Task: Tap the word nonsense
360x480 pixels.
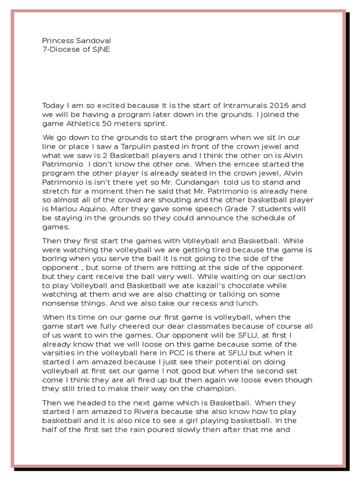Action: point(59,303)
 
